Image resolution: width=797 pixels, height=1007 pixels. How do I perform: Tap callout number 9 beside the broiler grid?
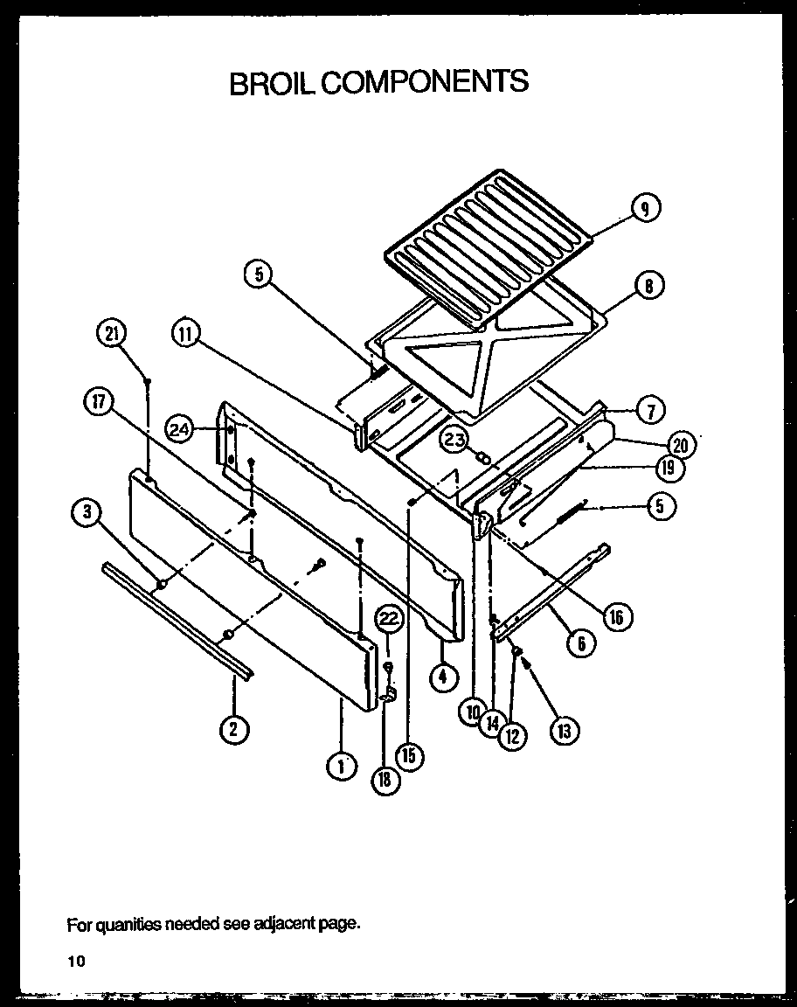tap(646, 208)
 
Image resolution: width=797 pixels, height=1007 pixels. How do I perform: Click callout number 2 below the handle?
tap(233, 728)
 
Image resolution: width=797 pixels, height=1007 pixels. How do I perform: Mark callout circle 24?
tap(181, 428)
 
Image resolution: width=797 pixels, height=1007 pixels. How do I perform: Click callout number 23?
tap(454, 439)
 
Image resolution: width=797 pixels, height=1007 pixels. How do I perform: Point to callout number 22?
tap(389, 619)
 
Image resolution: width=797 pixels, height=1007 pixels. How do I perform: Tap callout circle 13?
tap(564, 729)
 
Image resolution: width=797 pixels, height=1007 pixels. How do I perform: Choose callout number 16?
tap(617, 617)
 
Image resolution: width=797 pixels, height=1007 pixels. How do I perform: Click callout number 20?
tap(681, 445)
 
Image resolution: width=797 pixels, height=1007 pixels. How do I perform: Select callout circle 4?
tap(443, 676)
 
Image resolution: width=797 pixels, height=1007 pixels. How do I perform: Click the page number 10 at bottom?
tap(76, 962)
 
